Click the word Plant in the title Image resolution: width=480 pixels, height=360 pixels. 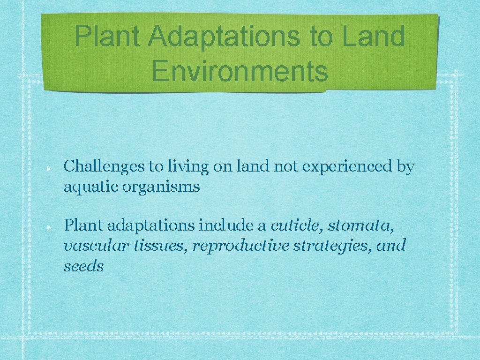point(107,36)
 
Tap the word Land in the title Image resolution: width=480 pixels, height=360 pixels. point(373,36)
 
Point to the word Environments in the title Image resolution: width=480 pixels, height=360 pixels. point(240,71)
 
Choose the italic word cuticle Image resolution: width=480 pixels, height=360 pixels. point(297,226)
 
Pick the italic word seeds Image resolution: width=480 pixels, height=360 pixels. point(83,266)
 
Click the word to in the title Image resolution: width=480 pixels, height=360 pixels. point(320,36)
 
